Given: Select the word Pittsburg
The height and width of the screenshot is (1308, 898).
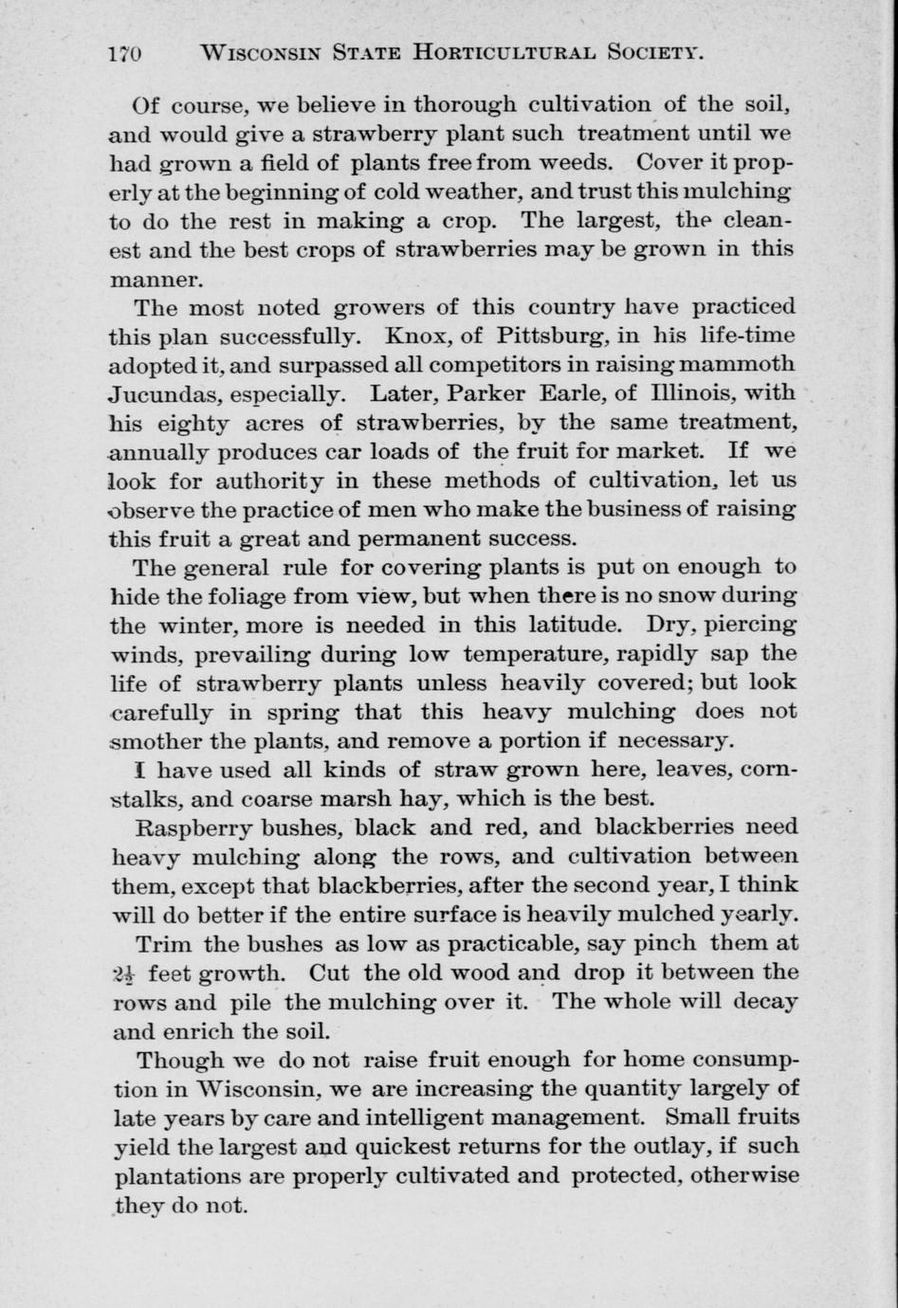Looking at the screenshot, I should click(x=533, y=336).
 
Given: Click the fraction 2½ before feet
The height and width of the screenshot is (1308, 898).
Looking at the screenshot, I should click(x=125, y=973).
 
